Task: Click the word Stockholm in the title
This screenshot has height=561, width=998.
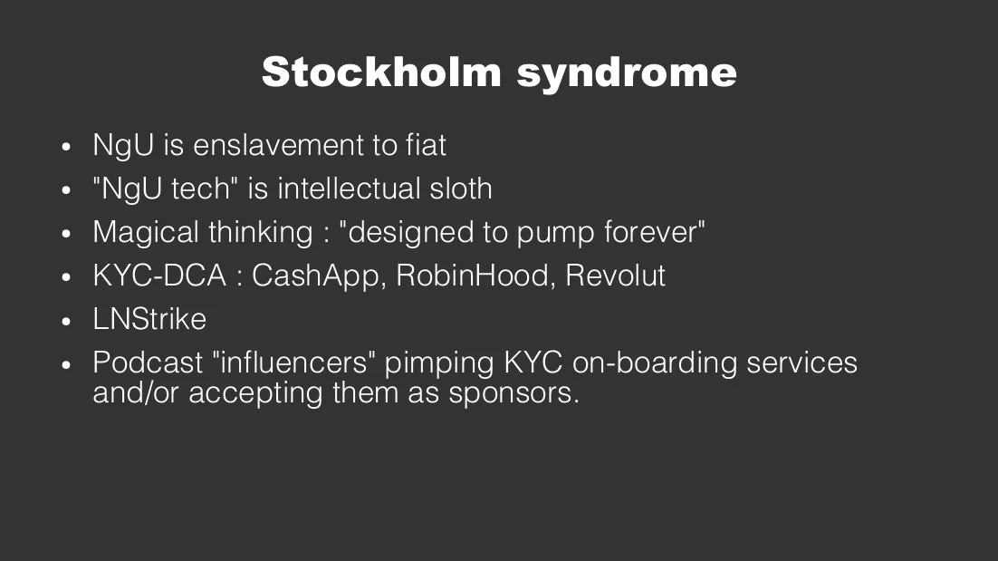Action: pyautogui.click(x=381, y=72)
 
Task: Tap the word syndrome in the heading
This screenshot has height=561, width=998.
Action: pyautogui.click(x=627, y=74)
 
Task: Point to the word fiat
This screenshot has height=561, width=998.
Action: pyautogui.click(x=426, y=144)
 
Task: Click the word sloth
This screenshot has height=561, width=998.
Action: pyautogui.click(x=461, y=189)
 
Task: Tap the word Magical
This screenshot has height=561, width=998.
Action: pyautogui.click(x=146, y=232)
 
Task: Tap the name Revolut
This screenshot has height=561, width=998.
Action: pyautogui.click(x=615, y=276)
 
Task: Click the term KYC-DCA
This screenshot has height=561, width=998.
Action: pyautogui.click(x=159, y=276)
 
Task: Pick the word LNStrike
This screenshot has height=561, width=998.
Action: pyautogui.click(x=149, y=319)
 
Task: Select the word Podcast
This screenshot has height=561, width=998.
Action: pyautogui.click(x=148, y=363)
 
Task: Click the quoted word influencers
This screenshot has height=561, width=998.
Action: pyautogui.click(x=293, y=363)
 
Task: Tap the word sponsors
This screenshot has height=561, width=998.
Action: pyautogui.click(x=513, y=393)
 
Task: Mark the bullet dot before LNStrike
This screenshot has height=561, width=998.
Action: pyautogui.click(x=66, y=322)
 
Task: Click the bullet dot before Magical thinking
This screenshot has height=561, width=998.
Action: pyautogui.click(x=66, y=235)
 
